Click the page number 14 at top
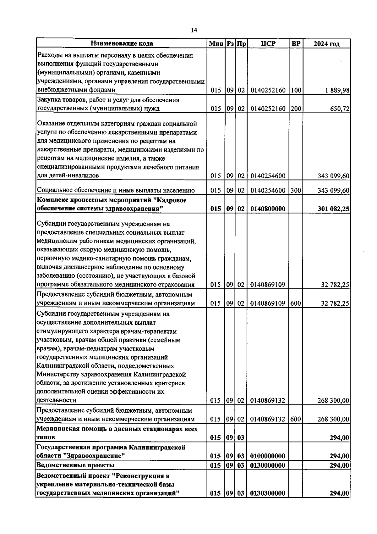pyautogui.click(x=194, y=30)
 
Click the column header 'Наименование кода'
pyautogui.click(x=122, y=43)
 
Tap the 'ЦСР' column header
pyautogui.click(x=268, y=43)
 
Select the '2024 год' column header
pyautogui.click(x=326, y=44)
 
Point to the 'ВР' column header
pyautogui.click(x=296, y=43)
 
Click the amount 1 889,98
pyautogui.click(x=337, y=90)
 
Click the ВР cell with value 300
pyautogui.click(x=296, y=190)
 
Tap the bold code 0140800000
pyautogui.click(x=268, y=209)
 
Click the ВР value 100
pyautogui.click(x=296, y=90)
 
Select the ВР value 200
pyautogui.click(x=296, y=109)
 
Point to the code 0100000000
pyautogui.click(x=268, y=456)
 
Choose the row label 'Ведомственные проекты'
pyautogui.click(x=75, y=465)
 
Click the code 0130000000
pyautogui.click(x=268, y=465)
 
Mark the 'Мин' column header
pyautogui.click(x=216, y=43)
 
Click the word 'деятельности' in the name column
pyautogui.click(x=56, y=400)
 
